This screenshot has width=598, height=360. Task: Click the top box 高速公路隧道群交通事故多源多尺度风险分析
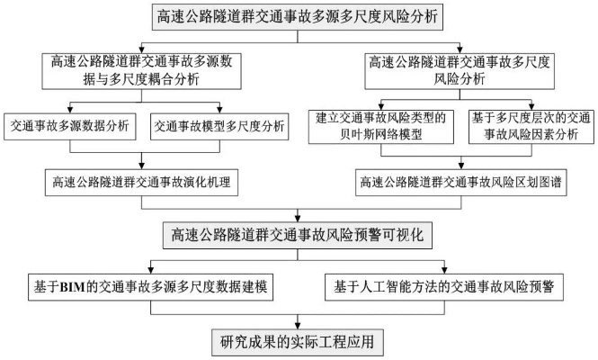[x=299, y=16]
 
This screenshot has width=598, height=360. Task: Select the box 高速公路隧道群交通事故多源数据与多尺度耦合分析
[x=136, y=70]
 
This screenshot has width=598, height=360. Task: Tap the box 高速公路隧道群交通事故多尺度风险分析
[x=461, y=70]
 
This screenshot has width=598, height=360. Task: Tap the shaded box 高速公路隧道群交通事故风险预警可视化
[x=299, y=235]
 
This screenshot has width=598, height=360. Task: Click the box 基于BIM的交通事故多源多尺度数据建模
[x=149, y=288]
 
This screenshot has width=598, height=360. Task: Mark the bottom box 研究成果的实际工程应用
[x=299, y=341]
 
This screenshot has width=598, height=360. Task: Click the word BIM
[x=71, y=288]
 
